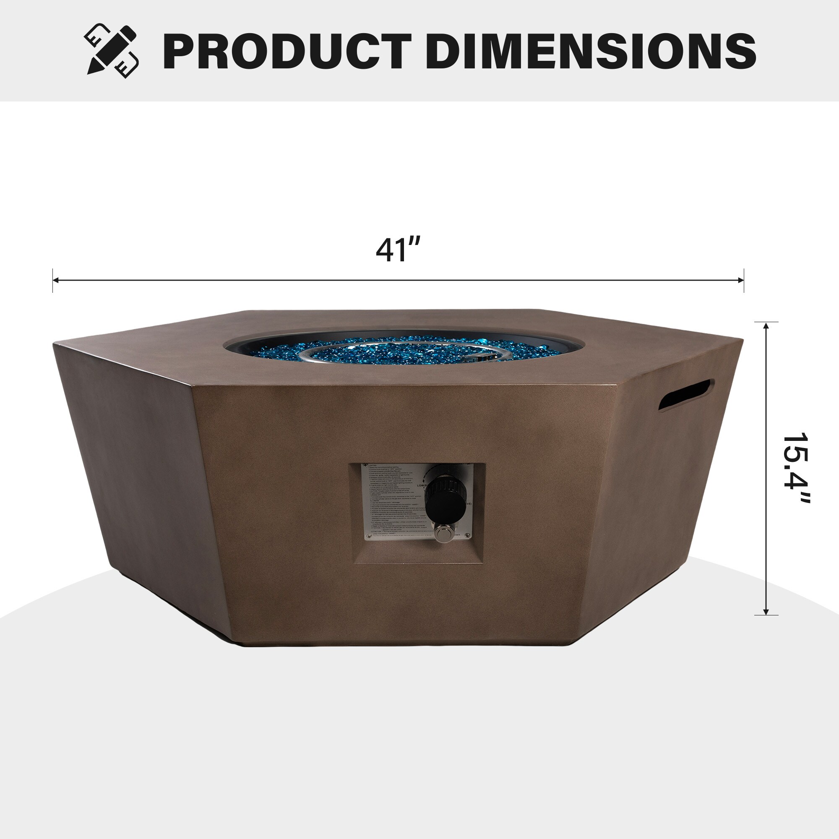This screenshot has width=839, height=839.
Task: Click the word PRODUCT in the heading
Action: [x=287, y=51]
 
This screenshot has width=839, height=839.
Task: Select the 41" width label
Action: [x=398, y=250]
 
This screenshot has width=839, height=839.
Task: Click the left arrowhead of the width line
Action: [x=56, y=280]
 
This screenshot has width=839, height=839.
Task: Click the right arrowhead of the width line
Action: [x=741, y=280]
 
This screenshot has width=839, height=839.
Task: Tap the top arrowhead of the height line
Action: [x=766, y=326]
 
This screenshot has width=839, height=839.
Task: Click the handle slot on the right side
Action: [x=686, y=395]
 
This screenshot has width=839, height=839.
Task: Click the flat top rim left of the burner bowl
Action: [x=165, y=347]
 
